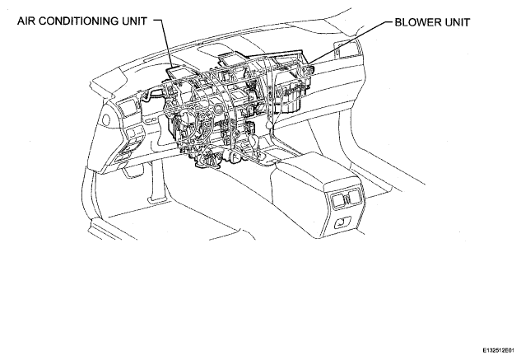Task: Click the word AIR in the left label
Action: (25, 21)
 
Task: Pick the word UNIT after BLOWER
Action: (457, 22)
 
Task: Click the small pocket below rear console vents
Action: (342, 222)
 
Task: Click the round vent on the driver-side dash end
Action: (107, 119)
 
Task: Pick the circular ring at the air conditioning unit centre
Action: (219, 109)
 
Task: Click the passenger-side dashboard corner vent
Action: (347, 49)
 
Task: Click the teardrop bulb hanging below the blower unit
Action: (270, 124)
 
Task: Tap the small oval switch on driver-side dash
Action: (150, 119)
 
